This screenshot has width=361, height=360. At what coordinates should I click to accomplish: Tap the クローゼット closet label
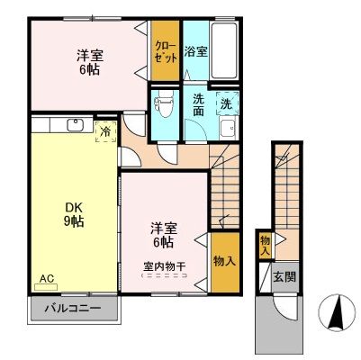click(164, 49)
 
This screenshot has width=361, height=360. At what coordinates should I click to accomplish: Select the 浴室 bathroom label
click(195, 51)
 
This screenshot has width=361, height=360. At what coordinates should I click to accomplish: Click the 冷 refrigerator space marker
click(105, 132)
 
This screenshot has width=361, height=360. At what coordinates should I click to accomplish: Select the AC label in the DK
click(46, 278)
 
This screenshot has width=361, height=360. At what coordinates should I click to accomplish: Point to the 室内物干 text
click(164, 265)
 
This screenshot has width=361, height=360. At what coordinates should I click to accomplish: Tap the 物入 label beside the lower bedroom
click(225, 262)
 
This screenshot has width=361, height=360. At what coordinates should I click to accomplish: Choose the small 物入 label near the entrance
click(266, 245)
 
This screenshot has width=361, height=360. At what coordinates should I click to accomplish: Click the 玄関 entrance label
click(284, 276)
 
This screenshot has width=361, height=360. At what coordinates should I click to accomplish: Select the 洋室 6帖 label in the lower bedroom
click(164, 235)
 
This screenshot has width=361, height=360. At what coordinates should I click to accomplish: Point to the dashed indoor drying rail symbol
click(164, 278)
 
